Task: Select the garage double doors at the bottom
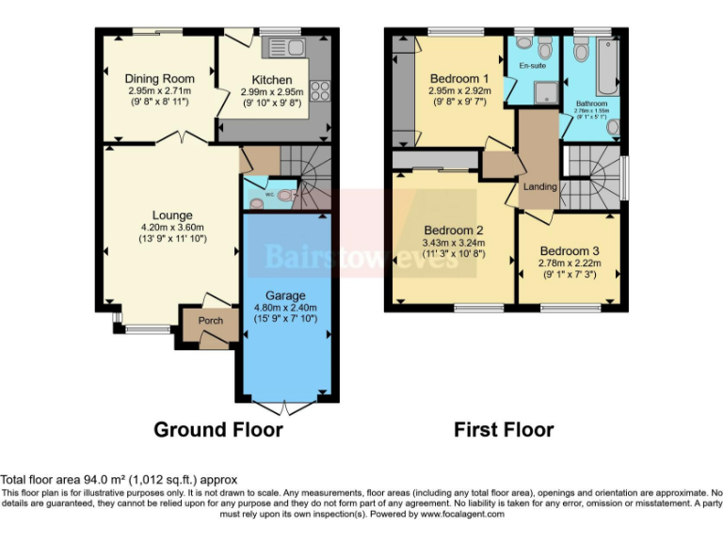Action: point(286,407)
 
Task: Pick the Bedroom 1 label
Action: point(458,78)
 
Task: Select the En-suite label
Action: point(536,67)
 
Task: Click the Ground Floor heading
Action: point(218,430)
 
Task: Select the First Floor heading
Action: point(504,430)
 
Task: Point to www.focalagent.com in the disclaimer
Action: point(461,514)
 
